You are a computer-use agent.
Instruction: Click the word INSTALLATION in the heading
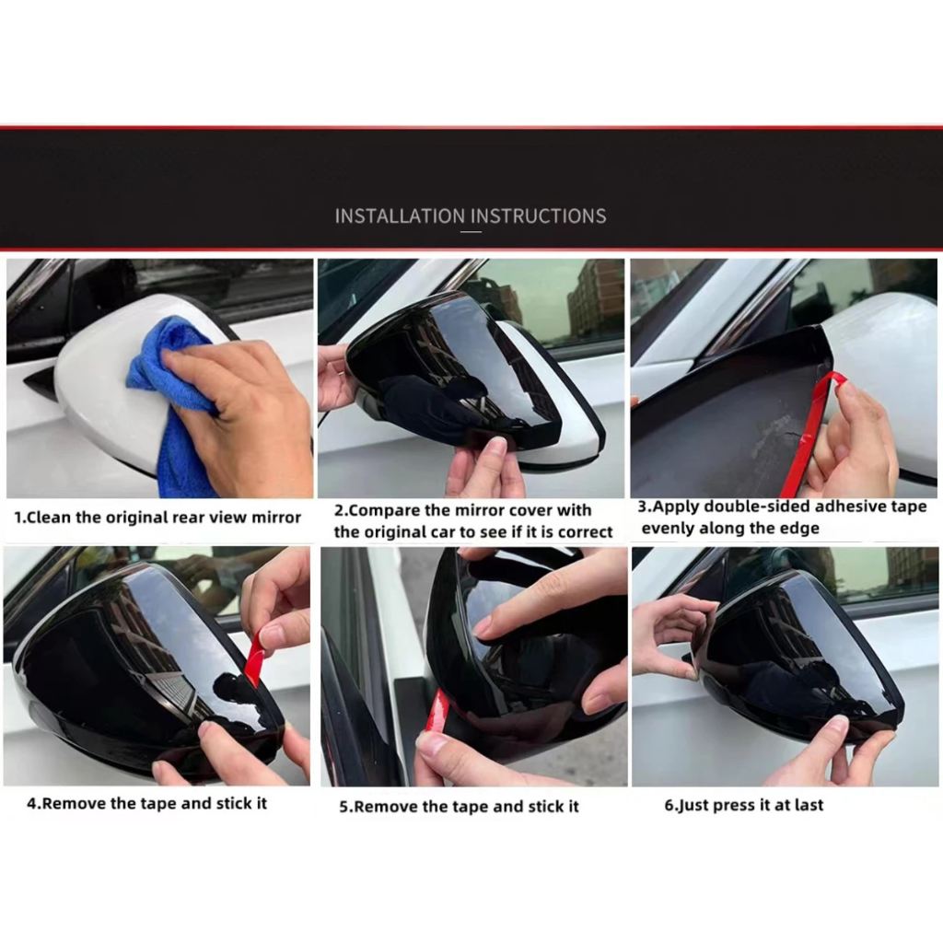click(x=400, y=215)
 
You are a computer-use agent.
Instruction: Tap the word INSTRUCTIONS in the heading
click(x=538, y=215)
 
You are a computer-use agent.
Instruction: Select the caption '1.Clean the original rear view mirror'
click(x=157, y=518)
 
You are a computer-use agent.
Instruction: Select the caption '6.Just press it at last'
click(x=744, y=805)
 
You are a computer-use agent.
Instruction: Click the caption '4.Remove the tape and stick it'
click(x=146, y=803)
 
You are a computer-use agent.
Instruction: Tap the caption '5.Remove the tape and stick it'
click(x=459, y=807)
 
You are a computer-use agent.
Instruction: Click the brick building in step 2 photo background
click(x=596, y=301)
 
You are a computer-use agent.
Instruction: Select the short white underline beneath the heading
click(x=471, y=231)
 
